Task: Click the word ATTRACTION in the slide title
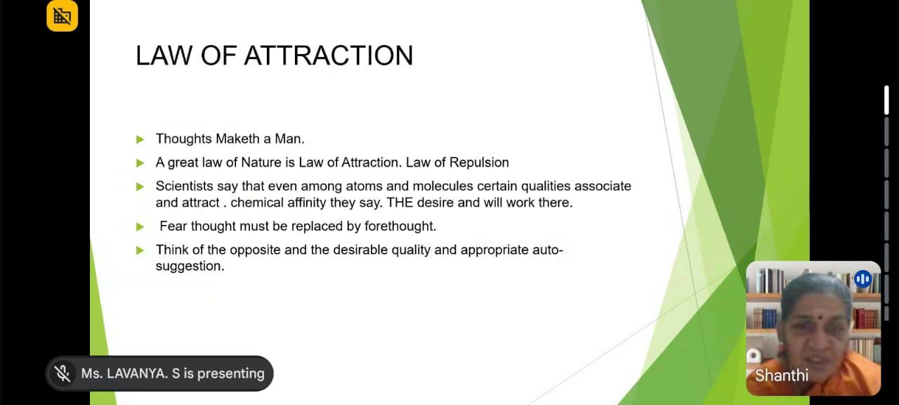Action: (329, 56)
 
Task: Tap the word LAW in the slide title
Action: (164, 56)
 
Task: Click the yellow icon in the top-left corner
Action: (63, 15)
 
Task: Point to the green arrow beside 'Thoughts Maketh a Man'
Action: (140, 139)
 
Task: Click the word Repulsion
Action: (479, 162)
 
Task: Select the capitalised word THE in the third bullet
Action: (400, 202)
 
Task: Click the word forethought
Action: (400, 226)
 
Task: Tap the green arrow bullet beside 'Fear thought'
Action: (140, 227)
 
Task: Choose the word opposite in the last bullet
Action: (255, 250)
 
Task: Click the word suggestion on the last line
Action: (190, 266)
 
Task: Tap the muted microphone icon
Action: (63, 373)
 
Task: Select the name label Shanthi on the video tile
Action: (782, 375)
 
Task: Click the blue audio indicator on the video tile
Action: (863, 279)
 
